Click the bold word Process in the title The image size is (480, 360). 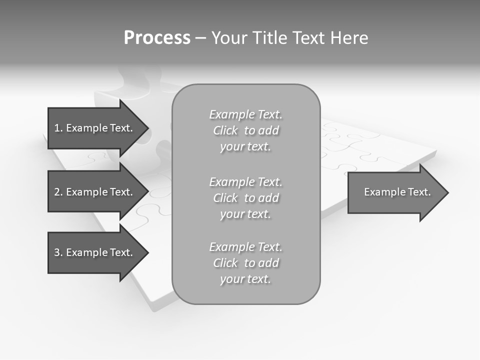(157, 38)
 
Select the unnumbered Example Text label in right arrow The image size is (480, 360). (397, 192)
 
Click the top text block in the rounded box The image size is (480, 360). (245, 130)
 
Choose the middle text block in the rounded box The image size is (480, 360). (245, 198)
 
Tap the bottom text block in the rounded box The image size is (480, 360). (245, 263)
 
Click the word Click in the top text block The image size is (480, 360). (225, 130)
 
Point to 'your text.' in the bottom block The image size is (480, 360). (245, 279)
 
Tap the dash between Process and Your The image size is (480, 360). (200, 38)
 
